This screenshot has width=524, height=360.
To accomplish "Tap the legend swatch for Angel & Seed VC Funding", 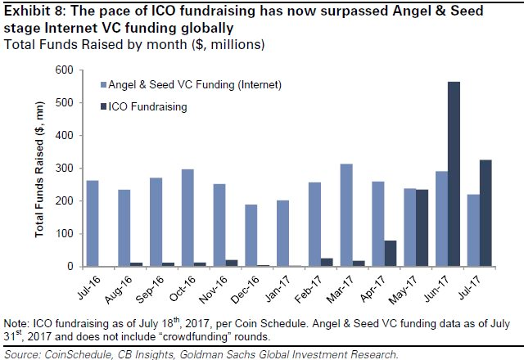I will pyautogui.click(x=103, y=84).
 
